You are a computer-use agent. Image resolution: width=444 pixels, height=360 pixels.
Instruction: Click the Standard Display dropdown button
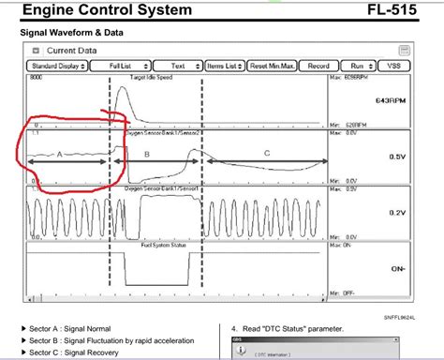click(x=58, y=67)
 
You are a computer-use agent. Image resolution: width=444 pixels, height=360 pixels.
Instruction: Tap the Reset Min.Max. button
click(x=273, y=67)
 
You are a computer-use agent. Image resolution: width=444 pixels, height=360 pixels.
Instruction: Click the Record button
click(x=318, y=67)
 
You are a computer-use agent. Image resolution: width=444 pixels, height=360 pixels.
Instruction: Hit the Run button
click(x=357, y=67)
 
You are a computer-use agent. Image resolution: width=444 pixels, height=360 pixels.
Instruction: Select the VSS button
click(x=393, y=67)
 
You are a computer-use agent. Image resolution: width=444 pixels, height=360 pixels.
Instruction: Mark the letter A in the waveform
click(x=60, y=154)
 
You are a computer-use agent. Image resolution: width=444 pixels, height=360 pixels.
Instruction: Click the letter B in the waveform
click(x=145, y=154)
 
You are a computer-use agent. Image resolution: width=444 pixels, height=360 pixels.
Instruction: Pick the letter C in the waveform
click(x=267, y=153)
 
